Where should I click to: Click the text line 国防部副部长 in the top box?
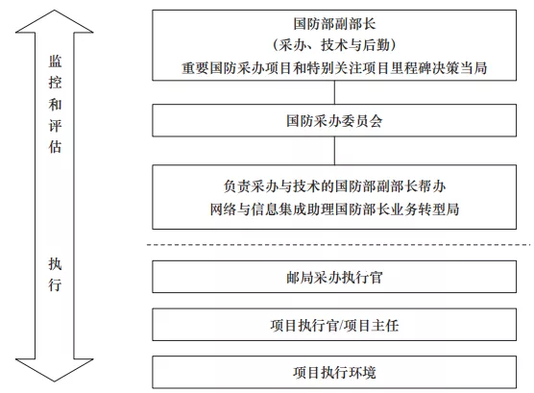coord(334,24)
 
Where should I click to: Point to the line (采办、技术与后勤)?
coord(334,45)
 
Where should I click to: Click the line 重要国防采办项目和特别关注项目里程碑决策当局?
coord(334,68)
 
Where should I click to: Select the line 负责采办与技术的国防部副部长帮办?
coord(334,186)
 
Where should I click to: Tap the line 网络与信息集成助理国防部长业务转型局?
coord(334,209)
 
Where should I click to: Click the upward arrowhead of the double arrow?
coord(54,21)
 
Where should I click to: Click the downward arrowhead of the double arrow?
coord(54,370)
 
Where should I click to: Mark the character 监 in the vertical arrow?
coord(55,61)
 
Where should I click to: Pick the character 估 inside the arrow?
coord(55,147)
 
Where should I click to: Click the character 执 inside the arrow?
coord(55,264)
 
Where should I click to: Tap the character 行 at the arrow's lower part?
coord(55,285)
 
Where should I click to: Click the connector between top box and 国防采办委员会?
coord(334,92)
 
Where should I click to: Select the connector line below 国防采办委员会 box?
coord(334,151)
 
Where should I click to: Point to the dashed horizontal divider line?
coord(338,245)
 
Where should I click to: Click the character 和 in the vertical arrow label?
coord(55,104)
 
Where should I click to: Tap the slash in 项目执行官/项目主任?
coord(340,326)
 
